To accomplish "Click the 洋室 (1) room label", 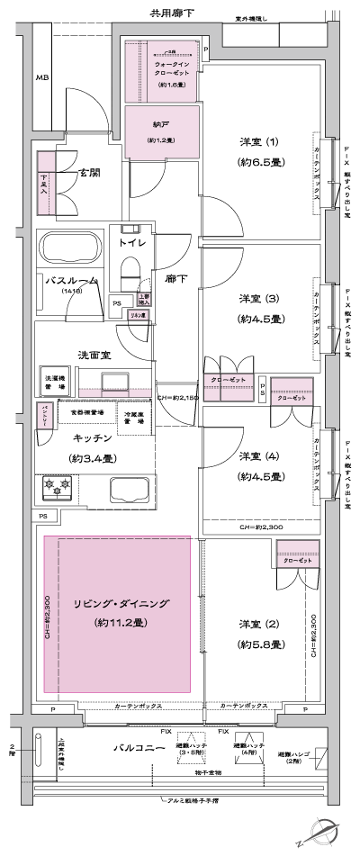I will click(259, 142).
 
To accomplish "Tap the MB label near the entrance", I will click(41, 78).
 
